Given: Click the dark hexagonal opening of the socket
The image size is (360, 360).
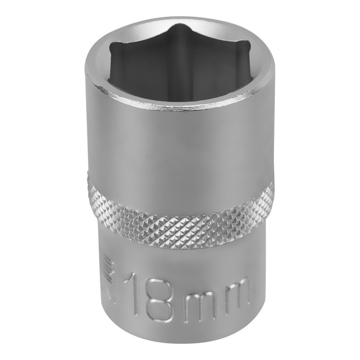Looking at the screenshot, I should [180, 67].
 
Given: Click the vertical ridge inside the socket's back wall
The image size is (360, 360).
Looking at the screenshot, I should [180, 58].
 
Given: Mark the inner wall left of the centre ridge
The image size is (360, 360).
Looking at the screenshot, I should [144, 63].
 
